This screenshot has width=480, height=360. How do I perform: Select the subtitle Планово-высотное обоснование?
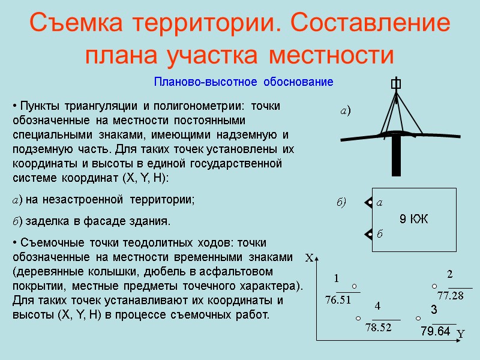(243, 82)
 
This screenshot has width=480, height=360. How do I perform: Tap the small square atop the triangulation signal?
(396, 85)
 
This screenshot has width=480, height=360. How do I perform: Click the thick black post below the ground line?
(396, 155)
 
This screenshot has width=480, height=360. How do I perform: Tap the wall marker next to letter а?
(368, 203)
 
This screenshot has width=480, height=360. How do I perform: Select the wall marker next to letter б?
(368, 233)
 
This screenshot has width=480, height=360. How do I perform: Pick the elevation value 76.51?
(337, 299)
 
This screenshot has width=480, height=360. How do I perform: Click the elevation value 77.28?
(451, 296)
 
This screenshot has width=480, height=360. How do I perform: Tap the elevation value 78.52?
(379, 327)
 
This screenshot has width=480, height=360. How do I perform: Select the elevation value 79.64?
(435, 331)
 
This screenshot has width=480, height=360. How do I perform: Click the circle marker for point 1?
(355, 286)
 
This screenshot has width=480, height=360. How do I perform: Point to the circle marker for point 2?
(434, 286)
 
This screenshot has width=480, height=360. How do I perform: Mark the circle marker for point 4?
(358, 318)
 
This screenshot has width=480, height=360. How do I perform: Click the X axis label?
(310, 259)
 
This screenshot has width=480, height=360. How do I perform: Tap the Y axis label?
(461, 333)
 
